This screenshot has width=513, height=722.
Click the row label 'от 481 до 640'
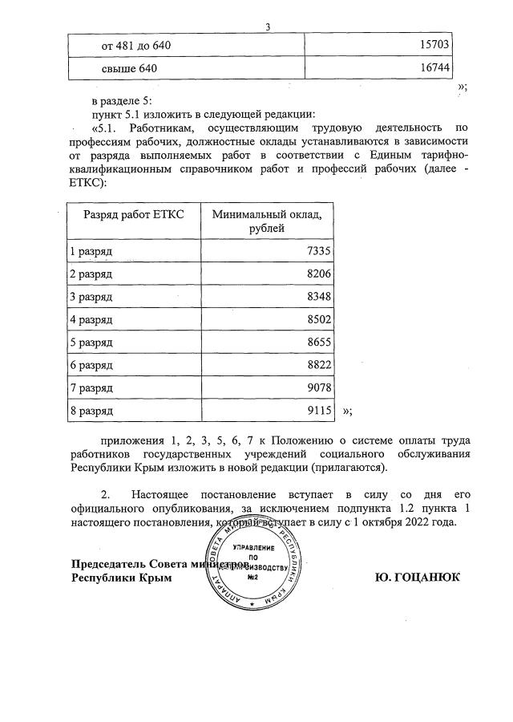pos(135,46)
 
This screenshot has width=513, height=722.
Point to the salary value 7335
pos(318,252)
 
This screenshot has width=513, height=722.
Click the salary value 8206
pos(318,274)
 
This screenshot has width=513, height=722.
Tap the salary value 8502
pos(318,320)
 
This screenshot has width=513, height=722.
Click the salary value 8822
pos(318,366)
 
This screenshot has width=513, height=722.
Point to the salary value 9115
pos(318,411)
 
